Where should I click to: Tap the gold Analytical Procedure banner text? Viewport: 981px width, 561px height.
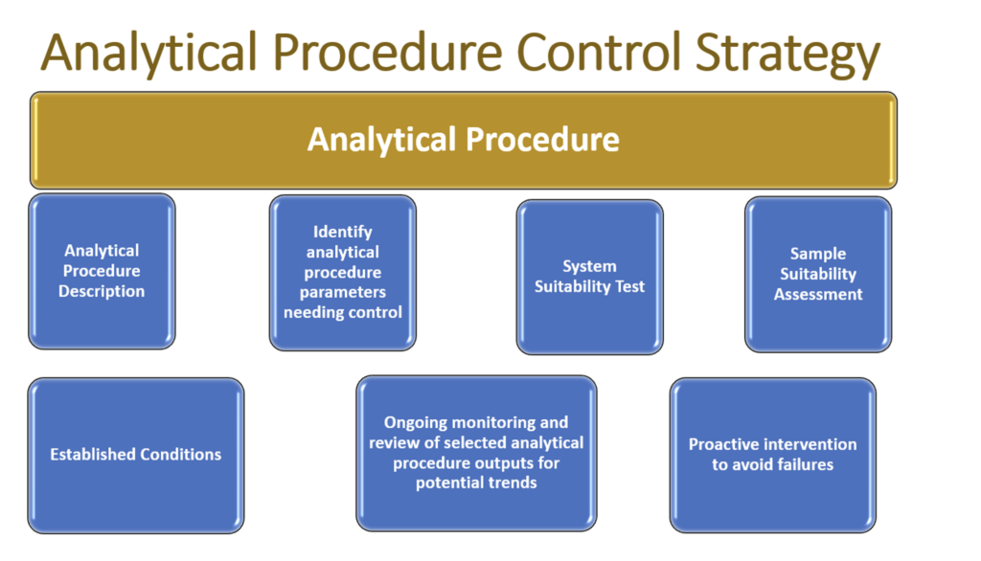coord(463,140)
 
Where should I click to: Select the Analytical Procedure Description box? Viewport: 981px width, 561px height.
coord(102,271)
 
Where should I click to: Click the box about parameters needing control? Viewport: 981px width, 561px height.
coord(342,272)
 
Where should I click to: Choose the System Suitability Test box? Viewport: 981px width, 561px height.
coord(589,277)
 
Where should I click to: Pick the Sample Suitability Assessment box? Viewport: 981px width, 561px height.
coord(817,274)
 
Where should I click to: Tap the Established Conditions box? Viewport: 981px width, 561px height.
coord(135,455)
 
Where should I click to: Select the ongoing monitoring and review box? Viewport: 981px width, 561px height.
coord(476,453)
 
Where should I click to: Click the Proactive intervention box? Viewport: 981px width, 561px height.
coord(772,455)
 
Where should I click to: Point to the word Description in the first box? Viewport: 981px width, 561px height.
coord(102,291)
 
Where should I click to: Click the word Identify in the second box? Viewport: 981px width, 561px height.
coord(342,232)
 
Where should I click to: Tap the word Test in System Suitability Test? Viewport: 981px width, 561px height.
coord(629,286)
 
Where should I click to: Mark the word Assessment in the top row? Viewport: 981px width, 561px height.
coord(818,294)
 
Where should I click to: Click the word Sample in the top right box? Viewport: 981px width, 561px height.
coord(818,254)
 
